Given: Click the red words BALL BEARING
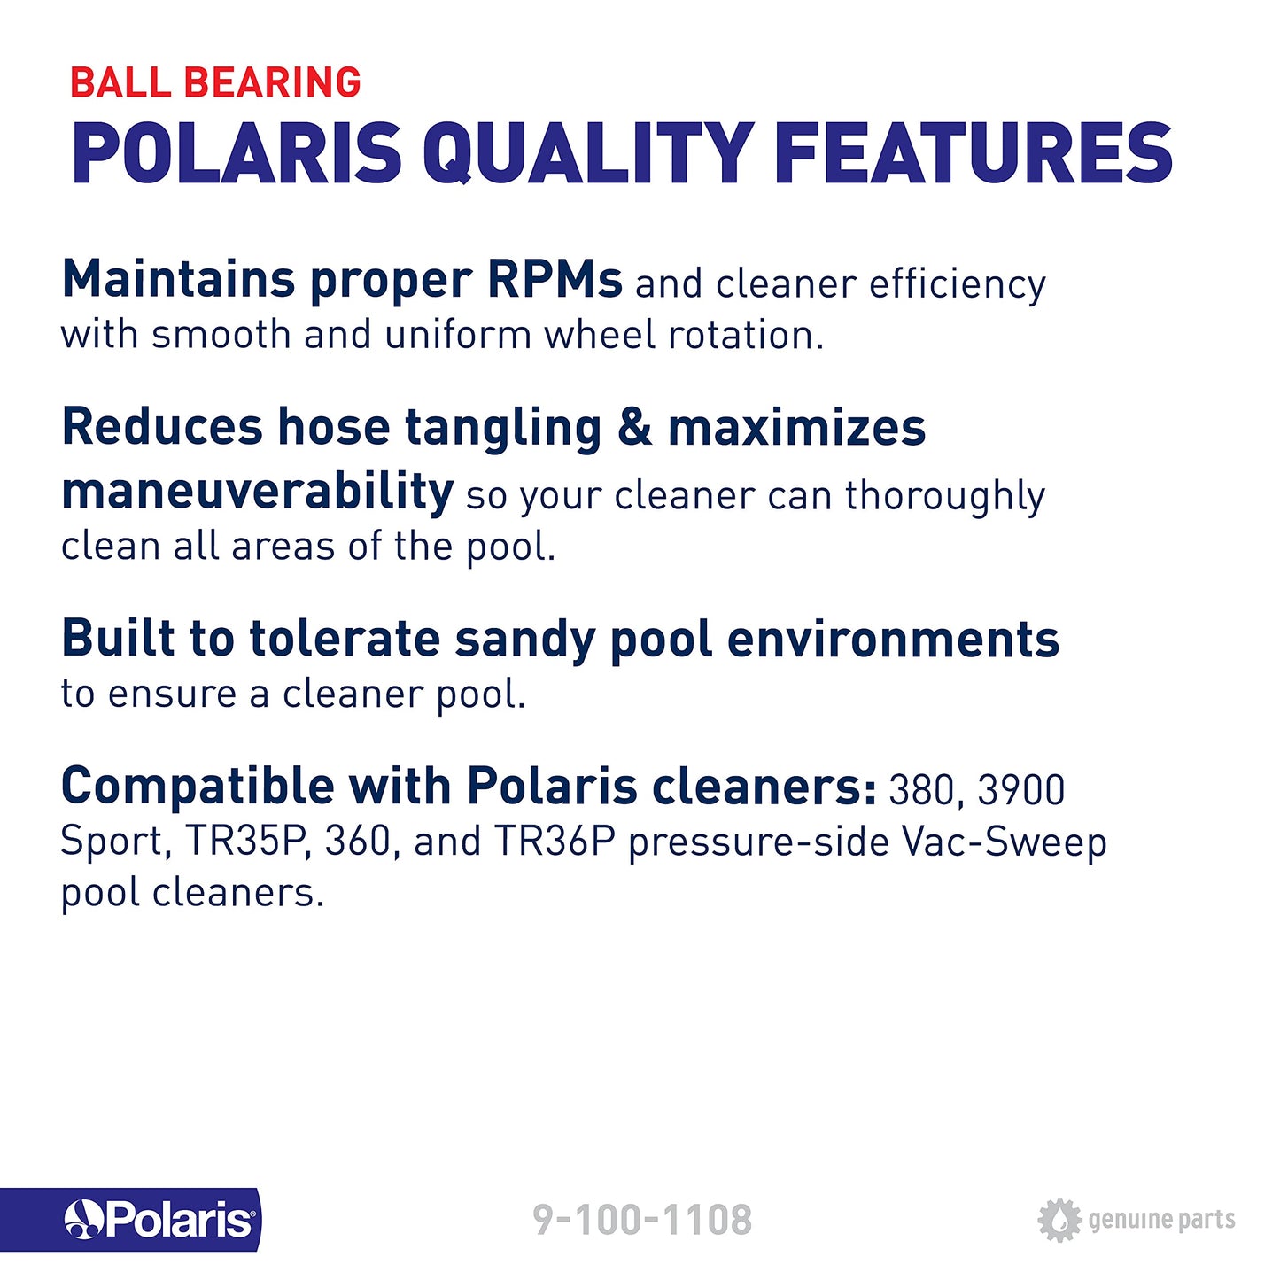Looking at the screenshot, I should click(x=215, y=82).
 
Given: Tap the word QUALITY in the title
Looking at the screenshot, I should click(x=588, y=153).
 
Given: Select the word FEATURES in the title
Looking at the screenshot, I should click(x=974, y=153).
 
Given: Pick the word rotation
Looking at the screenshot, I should click(x=745, y=336).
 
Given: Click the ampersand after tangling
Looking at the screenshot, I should click(x=634, y=427).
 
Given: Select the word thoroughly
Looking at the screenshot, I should click(x=945, y=496).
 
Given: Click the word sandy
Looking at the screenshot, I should click(x=526, y=640).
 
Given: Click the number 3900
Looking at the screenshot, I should click(x=1020, y=790).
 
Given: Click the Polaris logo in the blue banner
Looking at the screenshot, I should click(x=159, y=1220).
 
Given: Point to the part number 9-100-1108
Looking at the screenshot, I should click(x=642, y=1220).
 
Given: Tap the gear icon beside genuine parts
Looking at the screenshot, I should click(x=1059, y=1220).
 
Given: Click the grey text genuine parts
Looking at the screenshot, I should click(x=1161, y=1220).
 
